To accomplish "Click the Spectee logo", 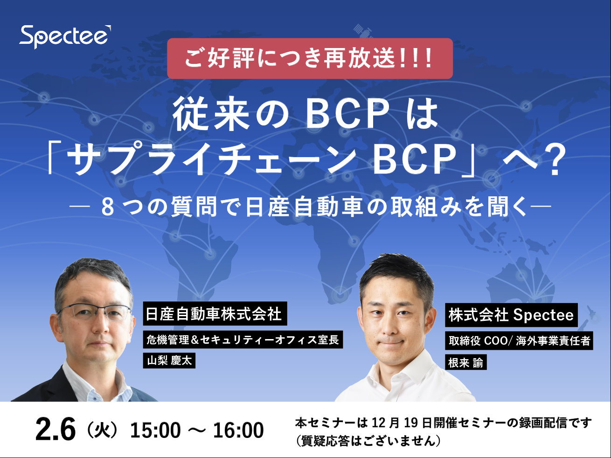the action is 65,37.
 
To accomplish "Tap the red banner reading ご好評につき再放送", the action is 310,58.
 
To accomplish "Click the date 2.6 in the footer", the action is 56,430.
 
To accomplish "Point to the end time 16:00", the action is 238,430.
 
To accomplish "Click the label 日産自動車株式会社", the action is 215,313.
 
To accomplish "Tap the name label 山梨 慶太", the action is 169,361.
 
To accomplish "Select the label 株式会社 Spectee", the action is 511,315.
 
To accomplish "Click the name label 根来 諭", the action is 466,362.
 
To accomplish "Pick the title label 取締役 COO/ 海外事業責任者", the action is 519,340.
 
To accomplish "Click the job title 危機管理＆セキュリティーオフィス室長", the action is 243,340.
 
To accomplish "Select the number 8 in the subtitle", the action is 108,207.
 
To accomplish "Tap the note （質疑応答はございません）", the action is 368,441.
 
